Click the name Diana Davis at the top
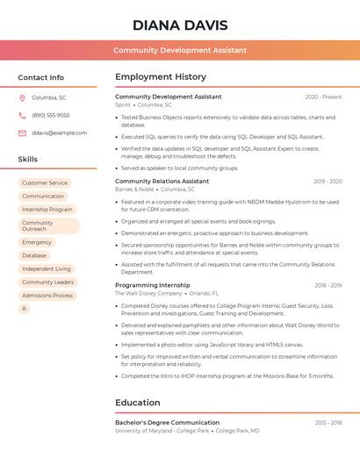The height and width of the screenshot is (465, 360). click(x=180, y=25)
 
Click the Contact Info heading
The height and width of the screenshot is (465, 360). click(x=40, y=77)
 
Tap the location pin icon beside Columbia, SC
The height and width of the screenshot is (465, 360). click(x=22, y=97)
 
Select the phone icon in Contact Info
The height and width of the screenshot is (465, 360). click(x=22, y=115)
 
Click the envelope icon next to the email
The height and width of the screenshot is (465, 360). click(x=22, y=132)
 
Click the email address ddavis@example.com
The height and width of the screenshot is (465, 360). click(x=59, y=132)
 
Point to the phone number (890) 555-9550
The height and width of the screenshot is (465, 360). click(x=50, y=115)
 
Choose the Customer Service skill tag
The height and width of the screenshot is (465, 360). click(x=45, y=183)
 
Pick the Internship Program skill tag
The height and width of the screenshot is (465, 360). click(x=47, y=210)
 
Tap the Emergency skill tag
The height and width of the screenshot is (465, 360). click(x=37, y=242)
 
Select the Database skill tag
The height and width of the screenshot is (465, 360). click(x=34, y=255)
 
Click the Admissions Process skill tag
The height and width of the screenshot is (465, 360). click(x=47, y=296)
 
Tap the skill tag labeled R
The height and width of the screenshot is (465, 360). click(x=25, y=309)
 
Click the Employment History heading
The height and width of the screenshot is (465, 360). click(x=161, y=77)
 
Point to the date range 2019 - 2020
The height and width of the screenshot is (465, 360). click(x=328, y=182)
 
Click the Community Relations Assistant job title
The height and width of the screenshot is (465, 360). click(x=162, y=182)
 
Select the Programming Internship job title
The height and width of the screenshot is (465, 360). click(x=152, y=285)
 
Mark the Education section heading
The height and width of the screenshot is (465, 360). click(x=137, y=403)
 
